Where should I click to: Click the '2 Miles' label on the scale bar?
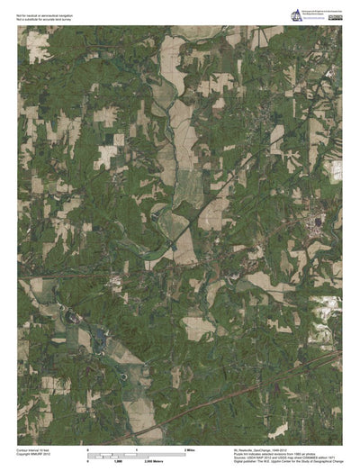[190, 448]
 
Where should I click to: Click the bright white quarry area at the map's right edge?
[336, 171]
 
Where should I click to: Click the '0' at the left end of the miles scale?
[87, 448]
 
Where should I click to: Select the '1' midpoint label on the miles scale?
[136, 448]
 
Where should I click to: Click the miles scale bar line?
[136, 453]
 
